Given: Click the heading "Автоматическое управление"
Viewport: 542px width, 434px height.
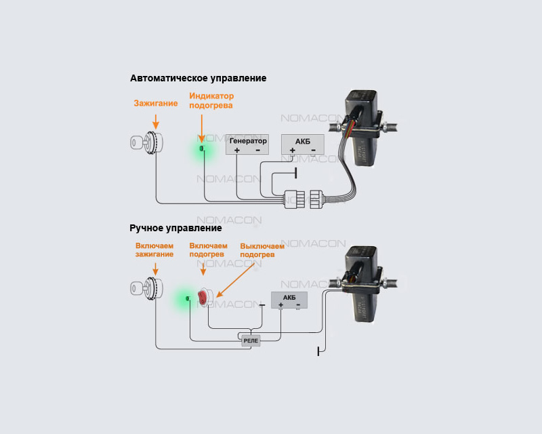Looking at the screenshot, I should pyautogui.click(x=198, y=78).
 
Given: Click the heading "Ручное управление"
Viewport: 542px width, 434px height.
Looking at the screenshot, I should pyautogui.click(x=175, y=228).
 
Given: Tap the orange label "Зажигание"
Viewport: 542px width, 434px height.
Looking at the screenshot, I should pyautogui.click(x=155, y=104).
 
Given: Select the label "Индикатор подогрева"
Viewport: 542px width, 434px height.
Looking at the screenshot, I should pyautogui.click(x=211, y=101).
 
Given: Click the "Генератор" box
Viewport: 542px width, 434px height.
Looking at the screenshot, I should pyautogui.click(x=247, y=144).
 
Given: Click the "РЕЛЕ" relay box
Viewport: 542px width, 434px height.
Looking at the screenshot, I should pyautogui.click(x=250, y=340).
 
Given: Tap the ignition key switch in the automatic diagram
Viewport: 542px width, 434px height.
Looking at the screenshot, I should pyautogui.click(x=145, y=143).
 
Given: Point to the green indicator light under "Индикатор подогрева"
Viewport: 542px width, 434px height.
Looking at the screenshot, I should pyautogui.click(x=203, y=148).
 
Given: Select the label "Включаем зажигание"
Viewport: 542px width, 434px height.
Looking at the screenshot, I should pyautogui.click(x=154, y=250).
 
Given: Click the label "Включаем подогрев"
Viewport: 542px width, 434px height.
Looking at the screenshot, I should pyautogui.click(x=207, y=250).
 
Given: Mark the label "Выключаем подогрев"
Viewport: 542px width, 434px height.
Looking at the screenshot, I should pyautogui.click(x=263, y=250).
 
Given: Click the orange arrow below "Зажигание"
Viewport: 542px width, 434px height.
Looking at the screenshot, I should pyautogui.click(x=156, y=121).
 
